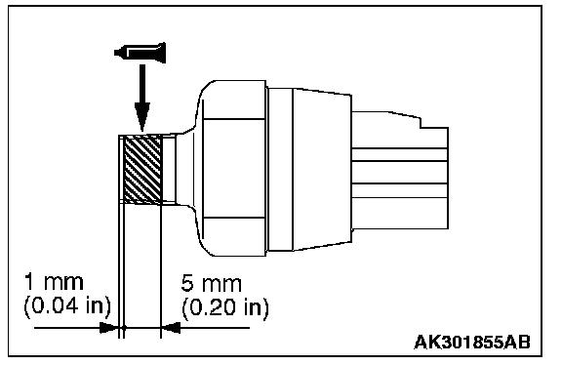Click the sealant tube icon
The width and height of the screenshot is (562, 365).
click(140, 53)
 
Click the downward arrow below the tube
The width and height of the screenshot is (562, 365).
click(142, 98)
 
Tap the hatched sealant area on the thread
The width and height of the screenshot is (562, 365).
click(142, 168)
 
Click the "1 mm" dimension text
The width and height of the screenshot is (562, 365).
click(54, 282)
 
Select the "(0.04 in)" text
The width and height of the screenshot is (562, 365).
click(67, 306)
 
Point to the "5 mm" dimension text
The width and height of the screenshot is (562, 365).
click(211, 283)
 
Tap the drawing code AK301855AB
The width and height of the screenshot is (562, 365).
click(472, 342)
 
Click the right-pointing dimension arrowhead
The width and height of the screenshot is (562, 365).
click(109, 327)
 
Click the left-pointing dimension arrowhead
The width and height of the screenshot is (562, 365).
click(171, 327)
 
